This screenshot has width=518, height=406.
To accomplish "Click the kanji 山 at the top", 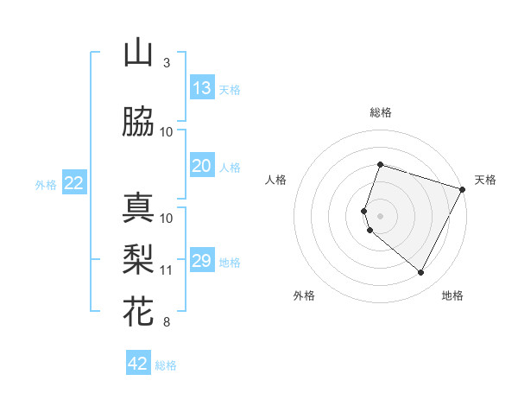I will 138,54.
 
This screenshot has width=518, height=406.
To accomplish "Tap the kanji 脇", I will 138,123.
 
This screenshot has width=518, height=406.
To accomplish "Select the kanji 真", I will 138,208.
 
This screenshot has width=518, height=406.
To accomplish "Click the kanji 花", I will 138,309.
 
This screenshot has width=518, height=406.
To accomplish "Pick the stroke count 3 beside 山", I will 166,63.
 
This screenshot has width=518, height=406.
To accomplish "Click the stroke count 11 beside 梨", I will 167,270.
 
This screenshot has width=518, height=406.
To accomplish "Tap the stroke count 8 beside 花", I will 166,322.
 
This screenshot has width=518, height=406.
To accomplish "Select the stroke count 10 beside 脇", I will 167,131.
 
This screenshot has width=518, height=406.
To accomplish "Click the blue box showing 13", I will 201,87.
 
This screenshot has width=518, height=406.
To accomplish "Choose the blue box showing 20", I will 201,166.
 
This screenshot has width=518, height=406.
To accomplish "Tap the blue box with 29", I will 201,261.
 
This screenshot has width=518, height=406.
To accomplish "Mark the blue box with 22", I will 74,182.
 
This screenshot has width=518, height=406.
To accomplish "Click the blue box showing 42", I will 138,364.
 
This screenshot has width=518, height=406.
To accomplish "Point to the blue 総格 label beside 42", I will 166,365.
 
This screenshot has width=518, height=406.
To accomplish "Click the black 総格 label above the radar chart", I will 381,112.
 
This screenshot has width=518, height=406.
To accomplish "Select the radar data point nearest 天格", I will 463,189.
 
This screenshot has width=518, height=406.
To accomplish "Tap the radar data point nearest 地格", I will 421,273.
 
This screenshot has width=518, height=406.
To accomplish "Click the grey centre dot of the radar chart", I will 381,215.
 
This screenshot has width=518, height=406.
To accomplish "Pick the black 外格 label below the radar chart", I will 304,295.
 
